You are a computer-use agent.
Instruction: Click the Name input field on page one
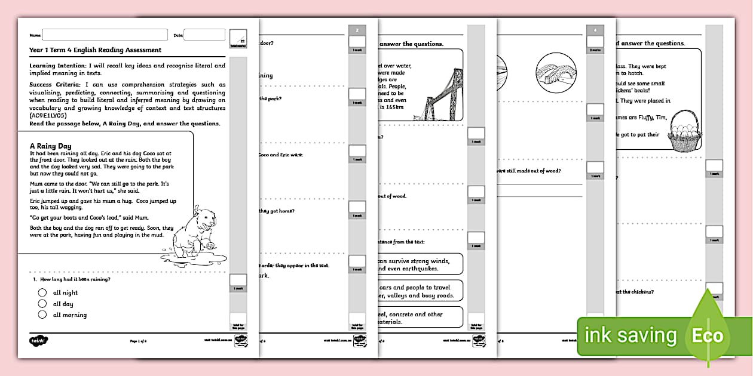tap(105, 35)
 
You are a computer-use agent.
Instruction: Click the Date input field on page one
tap(204, 35)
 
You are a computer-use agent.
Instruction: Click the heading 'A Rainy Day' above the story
tap(51, 146)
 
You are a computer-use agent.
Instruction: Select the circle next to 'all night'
tap(42, 292)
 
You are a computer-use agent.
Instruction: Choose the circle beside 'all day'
tap(42, 304)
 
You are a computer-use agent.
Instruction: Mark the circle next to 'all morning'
tap(42, 315)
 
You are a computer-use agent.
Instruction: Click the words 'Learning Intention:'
tap(54, 66)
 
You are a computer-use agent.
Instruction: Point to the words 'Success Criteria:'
tap(54, 85)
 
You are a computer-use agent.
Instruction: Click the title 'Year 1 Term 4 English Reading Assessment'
tap(95, 50)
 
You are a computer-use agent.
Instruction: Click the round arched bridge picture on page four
tap(556, 75)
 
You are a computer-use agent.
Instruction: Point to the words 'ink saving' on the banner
tap(630, 335)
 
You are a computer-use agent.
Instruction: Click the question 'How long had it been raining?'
tap(75, 279)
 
